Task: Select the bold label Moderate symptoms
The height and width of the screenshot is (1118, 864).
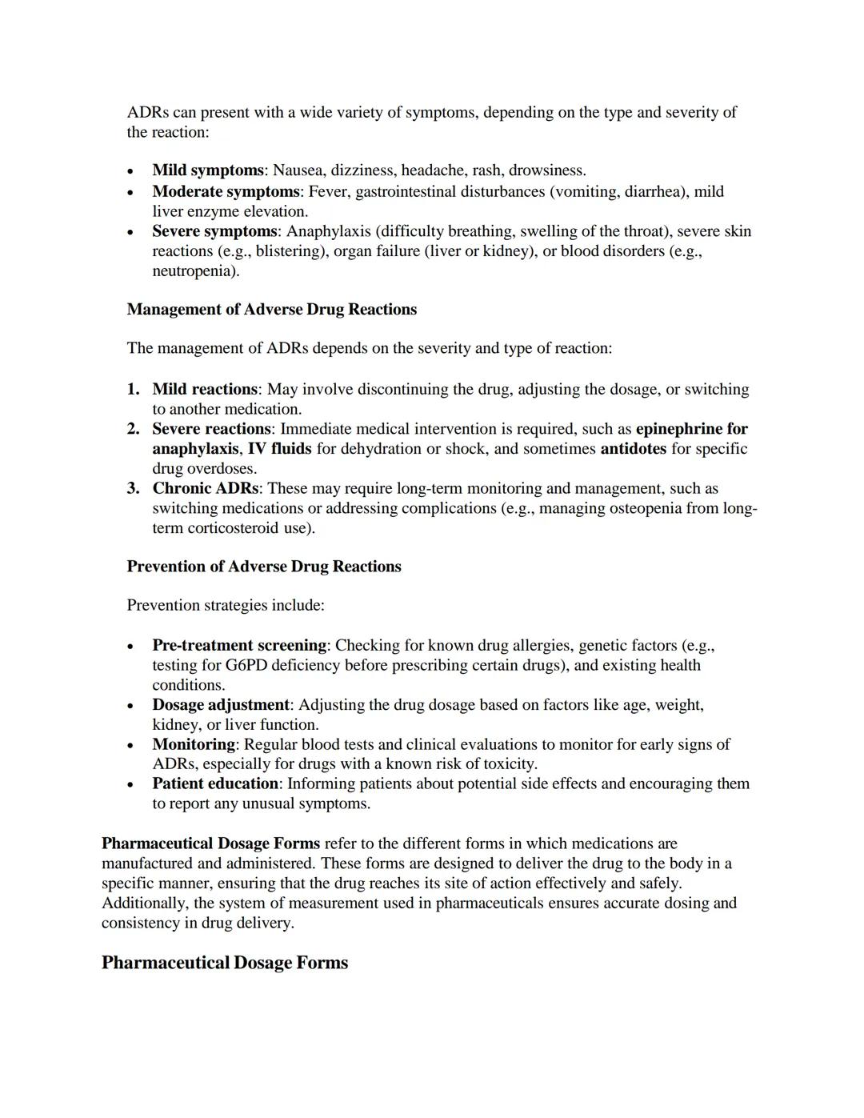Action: tap(226, 192)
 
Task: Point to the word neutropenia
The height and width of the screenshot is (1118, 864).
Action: tap(194, 271)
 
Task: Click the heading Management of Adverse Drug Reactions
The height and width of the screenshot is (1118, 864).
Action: tap(271, 310)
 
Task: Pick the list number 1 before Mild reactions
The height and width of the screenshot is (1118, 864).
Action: tap(133, 390)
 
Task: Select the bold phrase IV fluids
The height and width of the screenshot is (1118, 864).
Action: tap(279, 449)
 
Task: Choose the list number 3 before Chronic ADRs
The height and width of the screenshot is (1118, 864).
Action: tap(133, 488)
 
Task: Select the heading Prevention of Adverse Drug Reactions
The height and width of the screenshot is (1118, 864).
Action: tap(264, 567)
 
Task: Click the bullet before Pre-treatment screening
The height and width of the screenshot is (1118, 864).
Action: tap(131, 646)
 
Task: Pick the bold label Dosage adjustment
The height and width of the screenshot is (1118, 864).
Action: tap(221, 705)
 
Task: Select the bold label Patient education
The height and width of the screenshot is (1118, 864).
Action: tap(215, 783)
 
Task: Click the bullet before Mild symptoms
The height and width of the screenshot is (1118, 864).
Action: tap(131, 171)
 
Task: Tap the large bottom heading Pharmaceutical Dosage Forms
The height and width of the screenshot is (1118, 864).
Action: tap(225, 963)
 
